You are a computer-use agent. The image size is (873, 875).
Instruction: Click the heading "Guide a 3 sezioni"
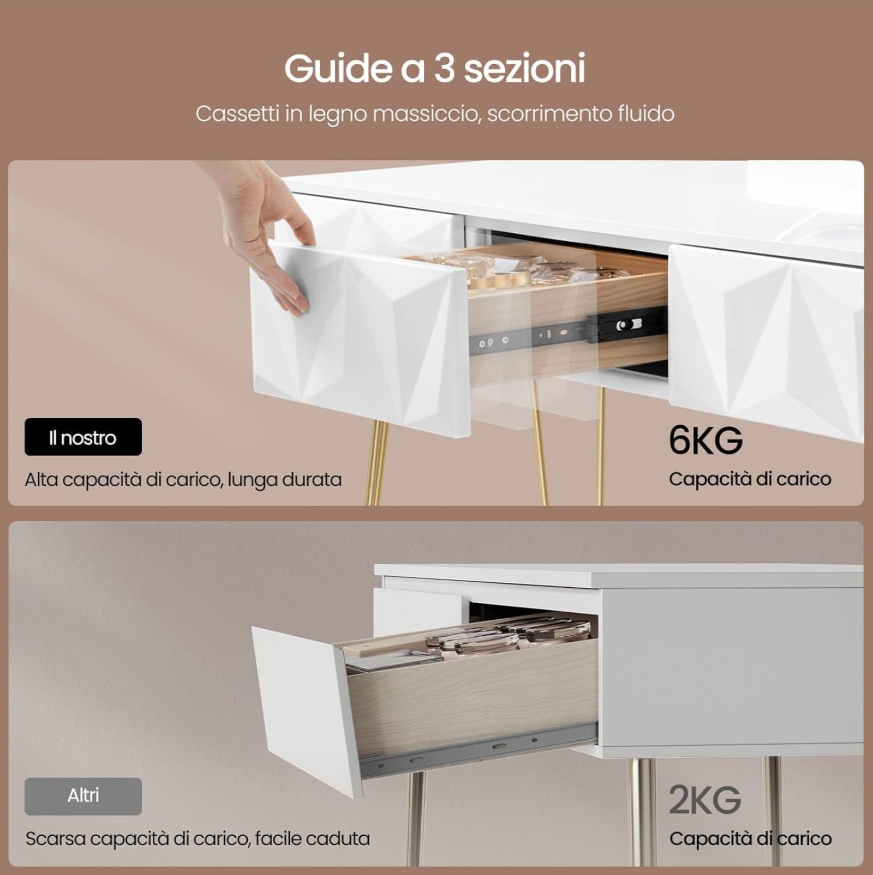tap(435, 68)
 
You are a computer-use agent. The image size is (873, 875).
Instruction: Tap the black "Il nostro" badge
tap(83, 437)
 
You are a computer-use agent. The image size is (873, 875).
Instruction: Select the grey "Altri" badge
tap(83, 796)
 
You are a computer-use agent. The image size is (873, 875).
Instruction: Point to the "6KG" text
tap(705, 440)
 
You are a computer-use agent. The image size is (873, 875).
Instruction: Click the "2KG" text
tap(705, 800)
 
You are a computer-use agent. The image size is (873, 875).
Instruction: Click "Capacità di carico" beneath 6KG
tap(750, 479)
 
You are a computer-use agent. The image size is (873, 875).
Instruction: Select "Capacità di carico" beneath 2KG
tap(750, 838)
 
